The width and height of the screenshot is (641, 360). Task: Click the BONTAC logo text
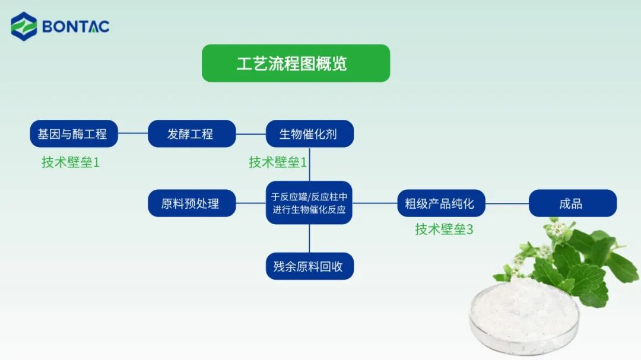click(75, 27)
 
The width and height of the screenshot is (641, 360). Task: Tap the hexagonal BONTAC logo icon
click(24, 27)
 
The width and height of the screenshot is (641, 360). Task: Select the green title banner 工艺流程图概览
click(296, 63)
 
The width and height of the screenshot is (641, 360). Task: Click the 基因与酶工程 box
click(74, 134)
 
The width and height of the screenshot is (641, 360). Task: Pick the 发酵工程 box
click(191, 134)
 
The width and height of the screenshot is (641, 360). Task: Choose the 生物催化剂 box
click(309, 134)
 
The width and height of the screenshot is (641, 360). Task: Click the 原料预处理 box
click(191, 203)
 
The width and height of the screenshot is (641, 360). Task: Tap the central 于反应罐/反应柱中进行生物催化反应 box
click(309, 203)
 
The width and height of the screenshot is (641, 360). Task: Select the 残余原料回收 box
click(309, 266)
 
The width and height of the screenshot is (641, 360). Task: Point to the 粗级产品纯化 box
click(440, 203)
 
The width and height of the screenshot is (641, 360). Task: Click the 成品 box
click(572, 203)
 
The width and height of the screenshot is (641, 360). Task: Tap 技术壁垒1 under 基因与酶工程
click(71, 162)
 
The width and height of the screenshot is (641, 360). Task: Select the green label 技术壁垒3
click(444, 230)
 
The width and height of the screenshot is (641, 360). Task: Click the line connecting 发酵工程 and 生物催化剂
click(250, 134)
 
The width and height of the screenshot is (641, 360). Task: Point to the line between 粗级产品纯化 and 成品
click(506, 203)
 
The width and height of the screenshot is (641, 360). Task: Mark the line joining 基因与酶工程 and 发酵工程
click(132, 134)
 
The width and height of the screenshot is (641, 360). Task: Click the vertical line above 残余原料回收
click(309, 238)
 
